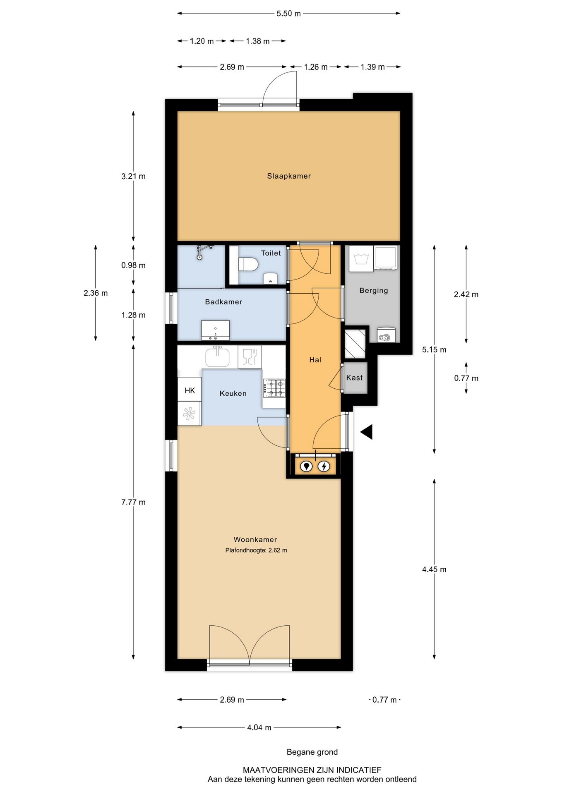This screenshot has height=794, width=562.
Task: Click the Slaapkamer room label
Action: [x=288, y=176]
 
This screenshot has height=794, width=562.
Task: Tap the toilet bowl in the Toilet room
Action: [x=249, y=264]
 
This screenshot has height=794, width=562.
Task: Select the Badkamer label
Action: [x=223, y=302]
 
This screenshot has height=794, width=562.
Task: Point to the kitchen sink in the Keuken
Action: [x=217, y=356]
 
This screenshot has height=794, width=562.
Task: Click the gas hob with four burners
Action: [x=274, y=388]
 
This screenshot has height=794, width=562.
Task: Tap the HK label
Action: [x=190, y=390]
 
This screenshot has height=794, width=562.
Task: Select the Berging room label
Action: [x=373, y=290]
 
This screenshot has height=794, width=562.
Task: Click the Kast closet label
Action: [x=354, y=378]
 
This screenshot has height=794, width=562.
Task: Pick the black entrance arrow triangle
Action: [x=367, y=432]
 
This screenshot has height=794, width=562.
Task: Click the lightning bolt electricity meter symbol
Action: [x=324, y=466]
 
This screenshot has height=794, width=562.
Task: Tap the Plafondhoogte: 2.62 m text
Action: [x=256, y=550]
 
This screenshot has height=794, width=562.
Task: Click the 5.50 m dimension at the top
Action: [x=288, y=14]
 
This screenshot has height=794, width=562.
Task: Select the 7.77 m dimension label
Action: [x=133, y=502]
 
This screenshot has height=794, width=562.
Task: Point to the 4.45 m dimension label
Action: [x=434, y=569]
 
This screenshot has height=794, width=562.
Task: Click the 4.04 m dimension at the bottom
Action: [x=259, y=727]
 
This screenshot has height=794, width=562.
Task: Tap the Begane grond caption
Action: [x=312, y=752]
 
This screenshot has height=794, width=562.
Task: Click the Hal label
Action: [x=315, y=360]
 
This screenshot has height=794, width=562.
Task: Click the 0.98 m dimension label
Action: [x=133, y=265]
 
